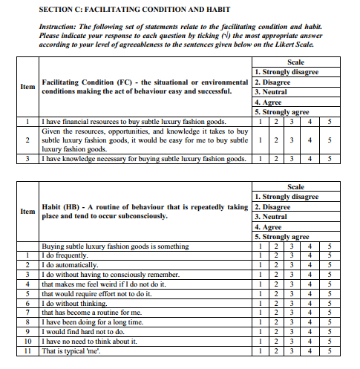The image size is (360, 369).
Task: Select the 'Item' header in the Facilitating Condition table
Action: (27, 87)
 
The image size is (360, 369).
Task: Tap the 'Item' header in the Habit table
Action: (27, 211)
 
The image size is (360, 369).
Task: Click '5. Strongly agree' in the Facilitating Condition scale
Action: (282, 112)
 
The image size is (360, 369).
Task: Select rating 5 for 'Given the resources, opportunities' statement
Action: (329, 140)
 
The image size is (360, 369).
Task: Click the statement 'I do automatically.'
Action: (70, 265)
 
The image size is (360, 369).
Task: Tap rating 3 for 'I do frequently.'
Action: (292, 255)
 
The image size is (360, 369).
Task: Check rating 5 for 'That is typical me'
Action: (329, 350)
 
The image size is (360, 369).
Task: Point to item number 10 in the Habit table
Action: (27, 341)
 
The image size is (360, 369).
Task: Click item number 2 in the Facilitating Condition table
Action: (27, 140)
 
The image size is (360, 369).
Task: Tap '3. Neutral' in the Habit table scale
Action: (271, 216)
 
